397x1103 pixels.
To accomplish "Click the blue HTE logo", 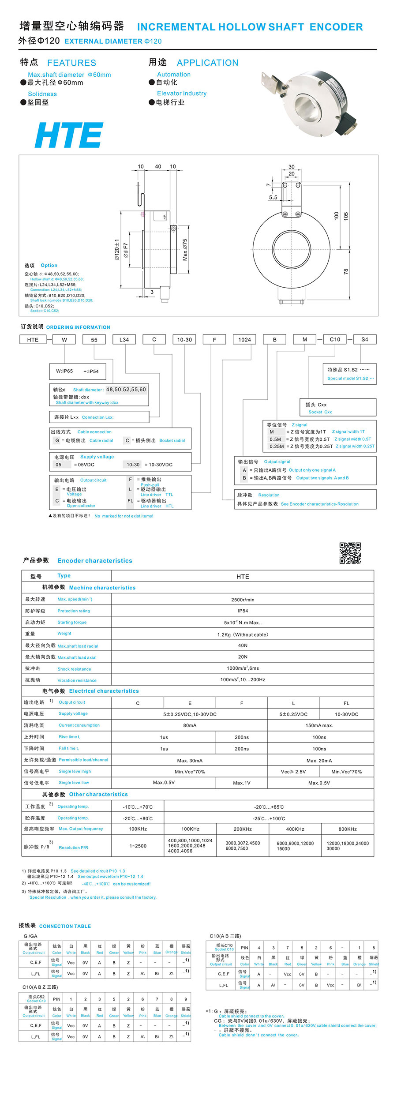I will [x=69, y=135].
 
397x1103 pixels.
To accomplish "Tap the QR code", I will [x=350, y=553].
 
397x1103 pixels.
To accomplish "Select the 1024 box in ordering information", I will [x=244, y=339].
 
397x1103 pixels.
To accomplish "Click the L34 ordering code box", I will [x=124, y=339].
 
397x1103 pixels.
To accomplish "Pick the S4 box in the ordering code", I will [x=364, y=339].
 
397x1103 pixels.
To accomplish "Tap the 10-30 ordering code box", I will [x=184, y=339].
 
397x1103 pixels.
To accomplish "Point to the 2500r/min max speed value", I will [x=243, y=600].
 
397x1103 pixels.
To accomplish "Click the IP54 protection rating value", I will [x=243, y=611].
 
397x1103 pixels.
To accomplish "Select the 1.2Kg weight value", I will [x=243, y=634].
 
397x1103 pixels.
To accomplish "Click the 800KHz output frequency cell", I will [x=348, y=829].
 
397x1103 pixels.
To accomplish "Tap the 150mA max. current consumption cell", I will [x=319, y=725].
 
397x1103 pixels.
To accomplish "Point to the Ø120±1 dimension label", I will [x=117, y=250].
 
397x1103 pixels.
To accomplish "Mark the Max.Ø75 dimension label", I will [x=185, y=250].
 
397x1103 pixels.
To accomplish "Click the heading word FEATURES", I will [x=71, y=63].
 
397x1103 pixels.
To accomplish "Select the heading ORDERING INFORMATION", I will [x=78, y=327].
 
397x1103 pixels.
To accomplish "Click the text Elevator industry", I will [x=182, y=94].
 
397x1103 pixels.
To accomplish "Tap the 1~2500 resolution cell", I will [x=138, y=846].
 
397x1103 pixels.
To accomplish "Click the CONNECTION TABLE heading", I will [x=65, y=926].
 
